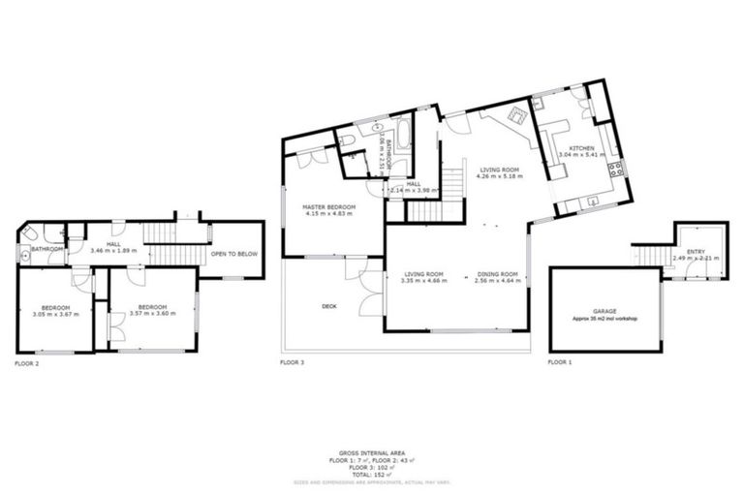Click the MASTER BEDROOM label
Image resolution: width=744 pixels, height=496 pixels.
click(328, 207)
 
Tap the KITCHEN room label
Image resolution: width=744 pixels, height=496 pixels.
click(582, 147)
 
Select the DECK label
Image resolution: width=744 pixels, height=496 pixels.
click(329, 306)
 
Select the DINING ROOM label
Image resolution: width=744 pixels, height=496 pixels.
click(497, 274)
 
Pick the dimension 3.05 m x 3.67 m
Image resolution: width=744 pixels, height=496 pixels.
click(54, 314)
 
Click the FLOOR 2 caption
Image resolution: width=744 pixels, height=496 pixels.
click(27, 363)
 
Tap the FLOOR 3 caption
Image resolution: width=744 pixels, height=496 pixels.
click(292, 362)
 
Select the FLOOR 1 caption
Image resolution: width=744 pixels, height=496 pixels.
click(560, 362)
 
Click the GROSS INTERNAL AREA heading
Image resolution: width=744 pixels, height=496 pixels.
click(372, 452)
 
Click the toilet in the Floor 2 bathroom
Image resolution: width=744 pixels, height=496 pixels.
click(30, 234)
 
